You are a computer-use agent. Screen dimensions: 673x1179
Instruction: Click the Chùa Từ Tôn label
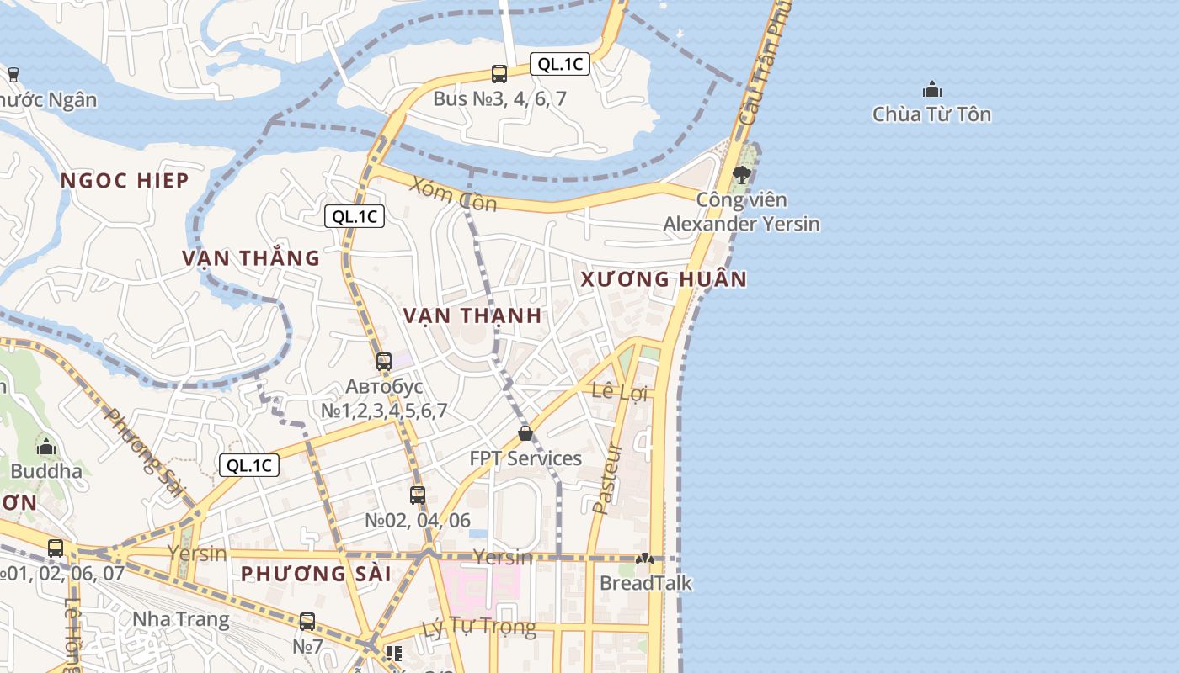(x=931, y=114)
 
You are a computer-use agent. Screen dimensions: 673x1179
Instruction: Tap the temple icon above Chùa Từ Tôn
(x=931, y=89)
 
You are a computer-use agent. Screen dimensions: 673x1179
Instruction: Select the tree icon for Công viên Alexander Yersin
(x=741, y=175)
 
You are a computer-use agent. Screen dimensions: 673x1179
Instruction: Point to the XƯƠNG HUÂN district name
(x=664, y=279)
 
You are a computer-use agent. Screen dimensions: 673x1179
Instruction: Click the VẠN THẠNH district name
(x=472, y=316)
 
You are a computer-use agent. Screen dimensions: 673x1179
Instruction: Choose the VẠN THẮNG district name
(x=251, y=258)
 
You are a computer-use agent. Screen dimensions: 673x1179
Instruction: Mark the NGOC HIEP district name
(x=125, y=181)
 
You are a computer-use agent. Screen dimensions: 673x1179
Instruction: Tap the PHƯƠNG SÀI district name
(x=316, y=575)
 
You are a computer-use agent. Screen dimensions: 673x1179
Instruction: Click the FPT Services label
(x=525, y=458)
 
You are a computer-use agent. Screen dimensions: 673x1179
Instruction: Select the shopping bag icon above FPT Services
(x=525, y=433)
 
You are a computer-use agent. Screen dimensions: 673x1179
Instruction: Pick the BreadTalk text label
(x=645, y=583)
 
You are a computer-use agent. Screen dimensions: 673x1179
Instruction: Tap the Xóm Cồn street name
(x=453, y=194)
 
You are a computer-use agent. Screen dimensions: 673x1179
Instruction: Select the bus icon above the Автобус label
(x=384, y=362)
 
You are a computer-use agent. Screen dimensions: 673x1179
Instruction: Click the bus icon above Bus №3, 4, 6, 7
(x=499, y=74)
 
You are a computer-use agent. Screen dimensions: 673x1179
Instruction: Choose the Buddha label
(x=46, y=471)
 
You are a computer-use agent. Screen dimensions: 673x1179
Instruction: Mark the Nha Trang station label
(x=180, y=620)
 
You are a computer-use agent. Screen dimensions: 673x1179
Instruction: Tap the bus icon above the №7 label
(x=307, y=622)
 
